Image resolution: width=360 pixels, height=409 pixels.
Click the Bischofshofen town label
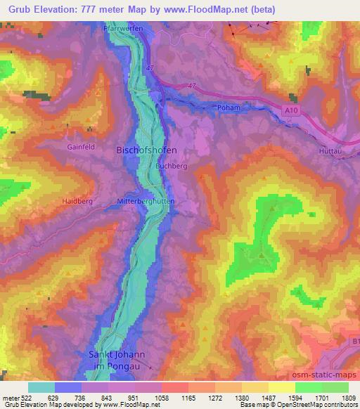[146, 150]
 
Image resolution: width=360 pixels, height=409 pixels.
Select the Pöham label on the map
[229, 108]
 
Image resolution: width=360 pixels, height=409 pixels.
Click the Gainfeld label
[81, 148]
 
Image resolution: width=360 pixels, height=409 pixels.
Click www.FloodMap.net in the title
[211, 10]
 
